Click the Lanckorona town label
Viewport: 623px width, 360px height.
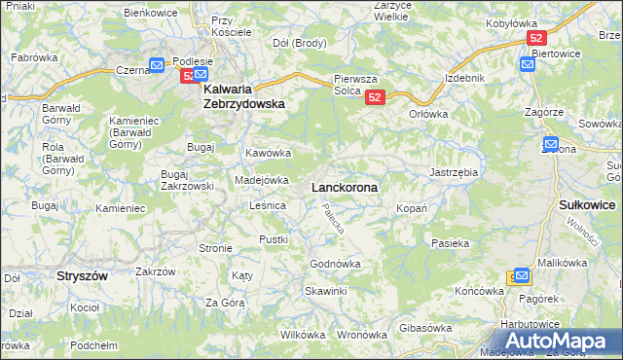tap(345, 186)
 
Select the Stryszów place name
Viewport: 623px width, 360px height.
tap(82, 275)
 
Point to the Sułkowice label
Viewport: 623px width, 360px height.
tap(588, 205)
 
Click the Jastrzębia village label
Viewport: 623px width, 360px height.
tap(454, 172)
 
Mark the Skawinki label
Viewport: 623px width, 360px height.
tap(325, 291)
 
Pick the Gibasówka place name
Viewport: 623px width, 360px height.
tap(426, 328)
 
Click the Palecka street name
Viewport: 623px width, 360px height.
tap(335, 221)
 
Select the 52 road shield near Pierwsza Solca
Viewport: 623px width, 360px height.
tap(377, 97)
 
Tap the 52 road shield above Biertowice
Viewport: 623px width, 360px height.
tap(535, 38)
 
